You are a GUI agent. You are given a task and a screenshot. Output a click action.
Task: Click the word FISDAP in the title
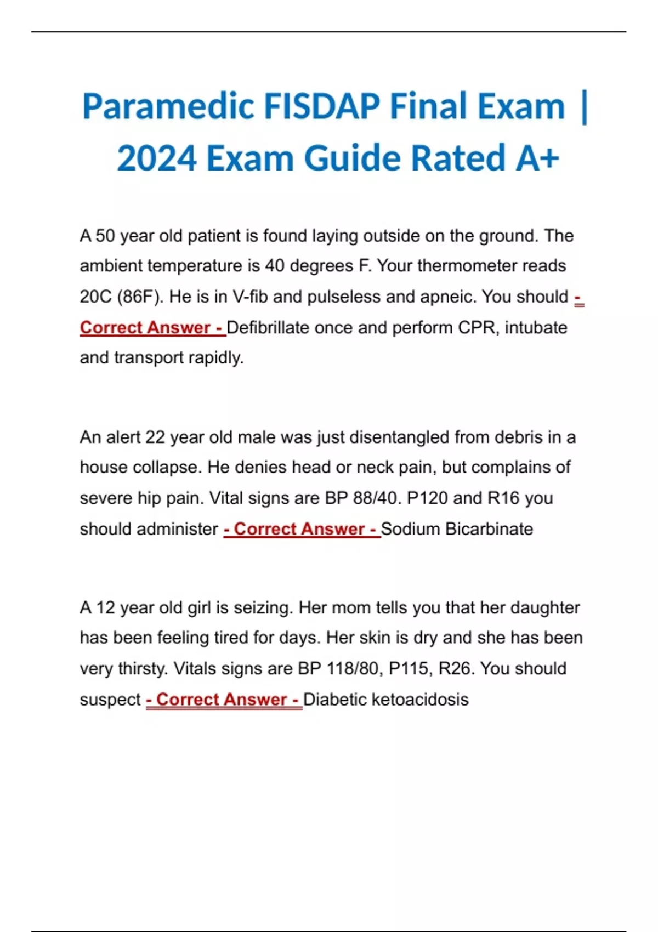pyautogui.click(x=321, y=106)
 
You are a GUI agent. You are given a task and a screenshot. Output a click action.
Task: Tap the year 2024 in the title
pyautogui.click(x=157, y=158)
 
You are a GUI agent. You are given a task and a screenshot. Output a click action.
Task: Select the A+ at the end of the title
pyautogui.click(x=537, y=158)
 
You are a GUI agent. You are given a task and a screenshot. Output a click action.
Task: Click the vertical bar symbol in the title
pyautogui.click(x=583, y=107)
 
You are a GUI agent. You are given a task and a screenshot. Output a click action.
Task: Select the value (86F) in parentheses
pyautogui.click(x=140, y=297)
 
